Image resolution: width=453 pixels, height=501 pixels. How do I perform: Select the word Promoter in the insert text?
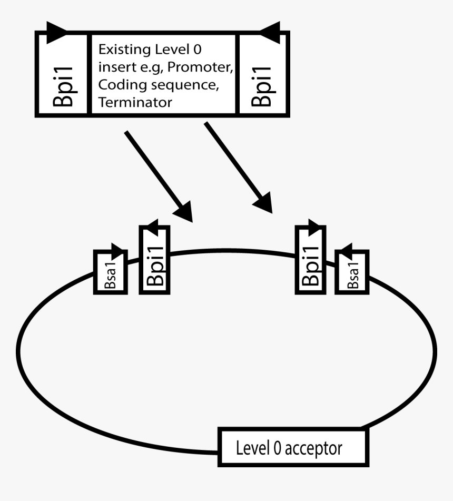[x=205, y=68]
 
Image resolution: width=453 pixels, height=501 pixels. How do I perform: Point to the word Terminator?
[x=135, y=102]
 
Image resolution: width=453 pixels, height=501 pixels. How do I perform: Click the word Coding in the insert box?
[x=116, y=85]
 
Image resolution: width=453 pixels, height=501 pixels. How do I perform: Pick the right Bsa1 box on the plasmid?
[x=353, y=272]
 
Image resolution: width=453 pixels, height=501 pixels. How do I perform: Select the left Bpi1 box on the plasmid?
[x=154, y=260]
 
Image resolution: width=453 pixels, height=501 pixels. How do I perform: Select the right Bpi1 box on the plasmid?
[x=310, y=260]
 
